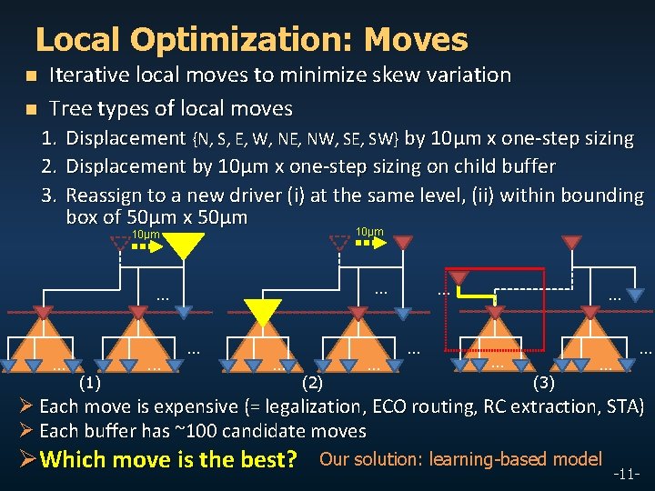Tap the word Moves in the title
coord(416,40)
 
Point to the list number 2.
coord(52,166)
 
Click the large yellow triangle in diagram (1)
coord(186,244)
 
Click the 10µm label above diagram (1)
coord(146,235)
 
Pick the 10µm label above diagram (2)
coord(368,233)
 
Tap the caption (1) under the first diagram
coord(90,383)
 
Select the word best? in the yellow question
coord(268,459)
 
